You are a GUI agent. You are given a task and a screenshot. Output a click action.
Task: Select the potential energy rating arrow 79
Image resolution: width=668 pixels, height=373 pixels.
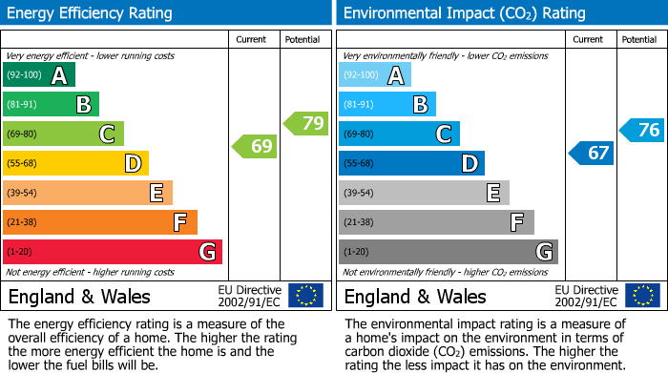[x=306, y=123]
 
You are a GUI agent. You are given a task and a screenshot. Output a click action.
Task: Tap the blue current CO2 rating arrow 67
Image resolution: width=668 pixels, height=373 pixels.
[x=592, y=153]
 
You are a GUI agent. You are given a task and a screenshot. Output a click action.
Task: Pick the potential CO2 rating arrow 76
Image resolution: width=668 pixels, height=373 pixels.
[x=642, y=130]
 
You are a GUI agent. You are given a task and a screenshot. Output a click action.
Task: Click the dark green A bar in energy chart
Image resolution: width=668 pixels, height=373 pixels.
[x=38, y=75]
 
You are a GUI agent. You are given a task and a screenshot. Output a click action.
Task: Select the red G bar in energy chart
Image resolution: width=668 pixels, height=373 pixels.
[x=112, y=252]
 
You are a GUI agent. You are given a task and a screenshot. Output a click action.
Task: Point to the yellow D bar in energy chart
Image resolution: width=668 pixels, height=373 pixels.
[x=75, y=163]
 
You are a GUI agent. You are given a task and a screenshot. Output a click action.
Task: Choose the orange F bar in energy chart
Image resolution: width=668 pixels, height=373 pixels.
[x=99, y=222]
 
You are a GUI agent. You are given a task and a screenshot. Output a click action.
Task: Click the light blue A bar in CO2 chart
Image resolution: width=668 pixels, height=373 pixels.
[x=374, y=75]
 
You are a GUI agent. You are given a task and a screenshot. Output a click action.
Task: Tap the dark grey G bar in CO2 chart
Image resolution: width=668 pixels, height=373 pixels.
[x=448, y=252]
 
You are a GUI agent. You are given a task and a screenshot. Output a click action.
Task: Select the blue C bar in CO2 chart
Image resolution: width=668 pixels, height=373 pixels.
[x=399, y=135]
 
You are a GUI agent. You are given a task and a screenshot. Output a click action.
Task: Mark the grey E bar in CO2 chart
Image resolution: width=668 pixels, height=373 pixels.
[x=424, y=193]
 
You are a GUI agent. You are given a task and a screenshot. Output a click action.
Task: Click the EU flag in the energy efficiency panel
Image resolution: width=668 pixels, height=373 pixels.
[x=305, y=295]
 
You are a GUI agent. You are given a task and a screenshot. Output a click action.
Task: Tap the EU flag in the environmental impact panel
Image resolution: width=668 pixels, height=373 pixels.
[x=642, y=295]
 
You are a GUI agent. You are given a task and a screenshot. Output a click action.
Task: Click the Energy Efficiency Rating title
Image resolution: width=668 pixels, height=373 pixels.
[x=91, y=13]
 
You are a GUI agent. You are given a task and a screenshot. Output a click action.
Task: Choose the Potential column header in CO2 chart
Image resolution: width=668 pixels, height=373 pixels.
[x=639, y=39]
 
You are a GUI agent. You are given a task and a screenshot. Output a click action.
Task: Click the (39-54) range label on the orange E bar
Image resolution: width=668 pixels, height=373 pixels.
[x=22, y=193]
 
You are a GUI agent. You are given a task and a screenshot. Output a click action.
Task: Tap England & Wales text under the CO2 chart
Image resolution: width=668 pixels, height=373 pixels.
[x=415, y=296]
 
